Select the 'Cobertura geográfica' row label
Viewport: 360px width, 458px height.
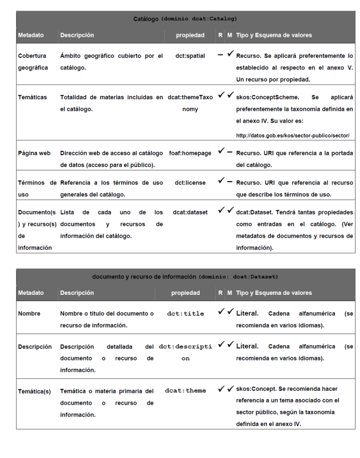pos(33,61)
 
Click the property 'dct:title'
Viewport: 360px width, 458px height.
pos(186,314)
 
